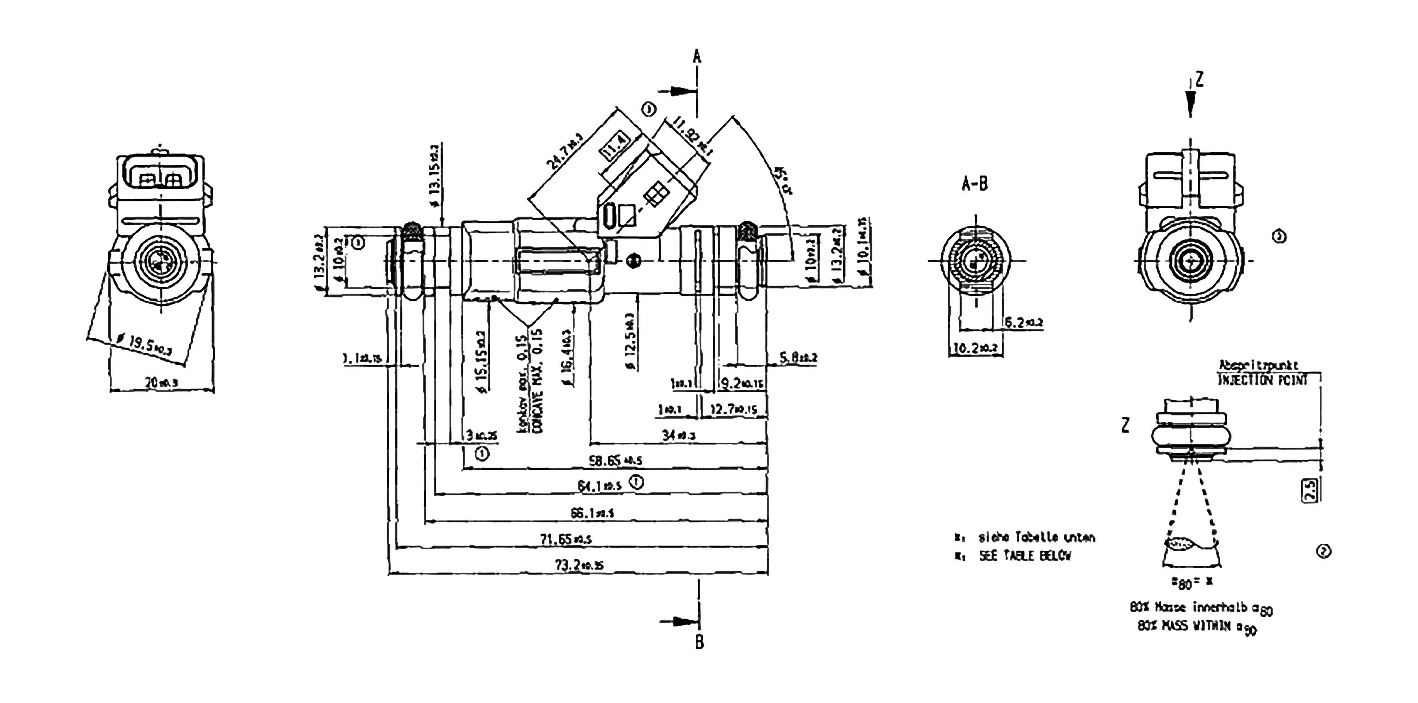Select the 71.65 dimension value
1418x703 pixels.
(565, 539)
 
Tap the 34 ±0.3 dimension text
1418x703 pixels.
(678, 435)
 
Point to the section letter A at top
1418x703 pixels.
(697, 56)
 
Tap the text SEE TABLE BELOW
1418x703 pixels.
(1025, 556)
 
